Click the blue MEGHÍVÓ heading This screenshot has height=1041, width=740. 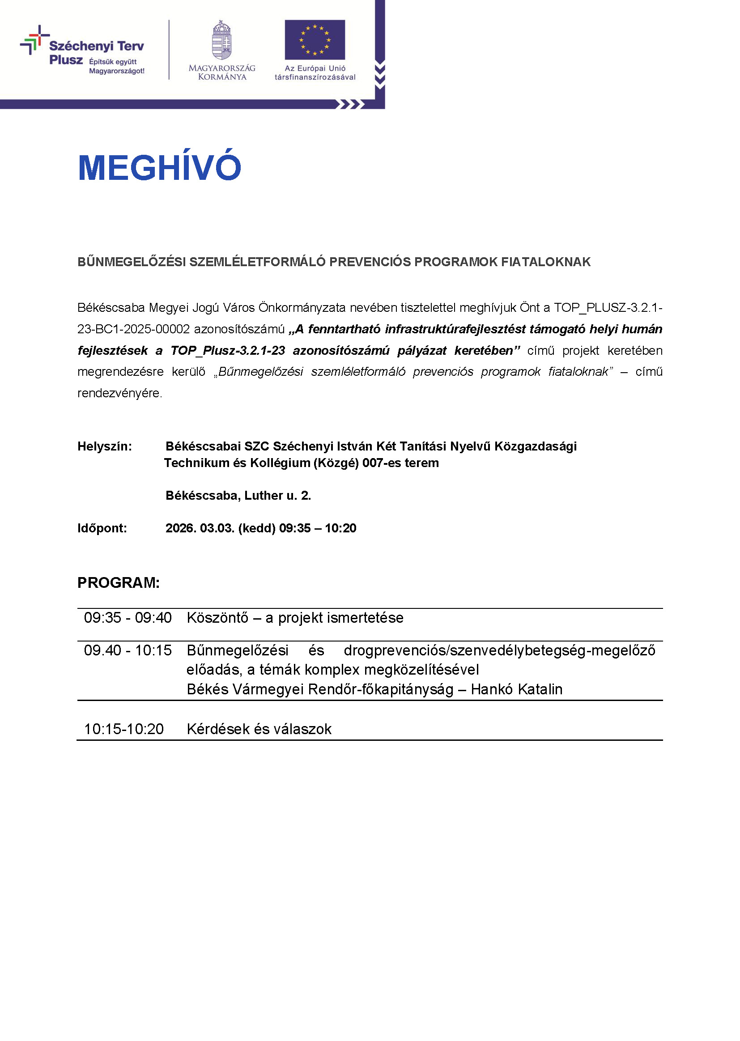pyautogui.click(x=159, y=167)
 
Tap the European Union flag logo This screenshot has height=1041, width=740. pyautogui.click(x=315, y=40)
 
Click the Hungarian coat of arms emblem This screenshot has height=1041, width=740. pyautogui.click(x=222, y=40)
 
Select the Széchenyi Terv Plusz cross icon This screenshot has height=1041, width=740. pyautogui.click(x=34, y=40)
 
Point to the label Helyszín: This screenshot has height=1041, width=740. pyautogui.click(x=104, y=446)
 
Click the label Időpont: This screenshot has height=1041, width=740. pyautogui.click(x=102, y=528)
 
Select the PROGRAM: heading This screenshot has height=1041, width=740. pyautogui.click(x=119, y=583)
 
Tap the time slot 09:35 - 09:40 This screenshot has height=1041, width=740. pyautogui.click(x=128, y=618)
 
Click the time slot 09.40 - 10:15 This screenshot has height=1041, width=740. pyautogui.click(x=128, y=650)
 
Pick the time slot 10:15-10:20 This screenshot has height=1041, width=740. pyautogui.click(x=123, y=729)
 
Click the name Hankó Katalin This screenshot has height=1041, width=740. pyautogui.click(x=517, y=689)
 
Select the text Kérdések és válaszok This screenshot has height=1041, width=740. pyautogui.click(x=259, y=729)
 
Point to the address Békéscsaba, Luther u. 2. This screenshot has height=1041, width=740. pyautogui.click(x=238, y=495)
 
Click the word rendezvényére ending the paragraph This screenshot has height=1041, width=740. pyautogui.click(x=119, y=393)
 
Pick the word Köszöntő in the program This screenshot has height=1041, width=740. pyautogui.click(x=217, y=618)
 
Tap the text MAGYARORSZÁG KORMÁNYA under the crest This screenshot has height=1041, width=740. pyautogui.click(x=222, y=72)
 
